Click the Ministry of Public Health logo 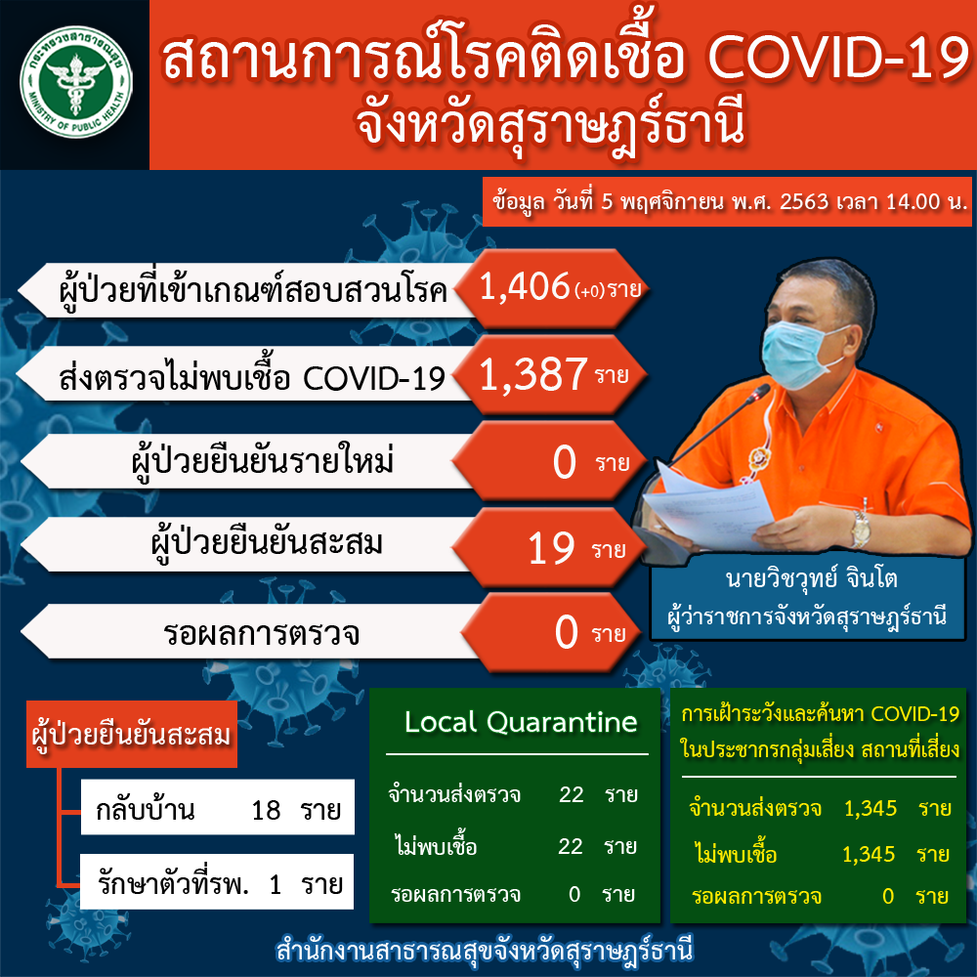75,81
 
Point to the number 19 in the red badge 551,549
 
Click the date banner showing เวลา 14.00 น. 727,202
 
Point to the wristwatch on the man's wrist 861,529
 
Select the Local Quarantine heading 521,722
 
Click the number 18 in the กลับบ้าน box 266,810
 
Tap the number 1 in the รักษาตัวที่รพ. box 275,884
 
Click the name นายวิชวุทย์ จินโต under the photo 811,578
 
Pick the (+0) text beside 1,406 589,291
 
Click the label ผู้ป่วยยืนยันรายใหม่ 263,463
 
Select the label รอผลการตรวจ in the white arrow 261,634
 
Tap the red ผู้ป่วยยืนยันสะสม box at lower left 132,734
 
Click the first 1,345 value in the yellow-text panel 871,808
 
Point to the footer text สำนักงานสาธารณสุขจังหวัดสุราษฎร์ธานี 485,951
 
